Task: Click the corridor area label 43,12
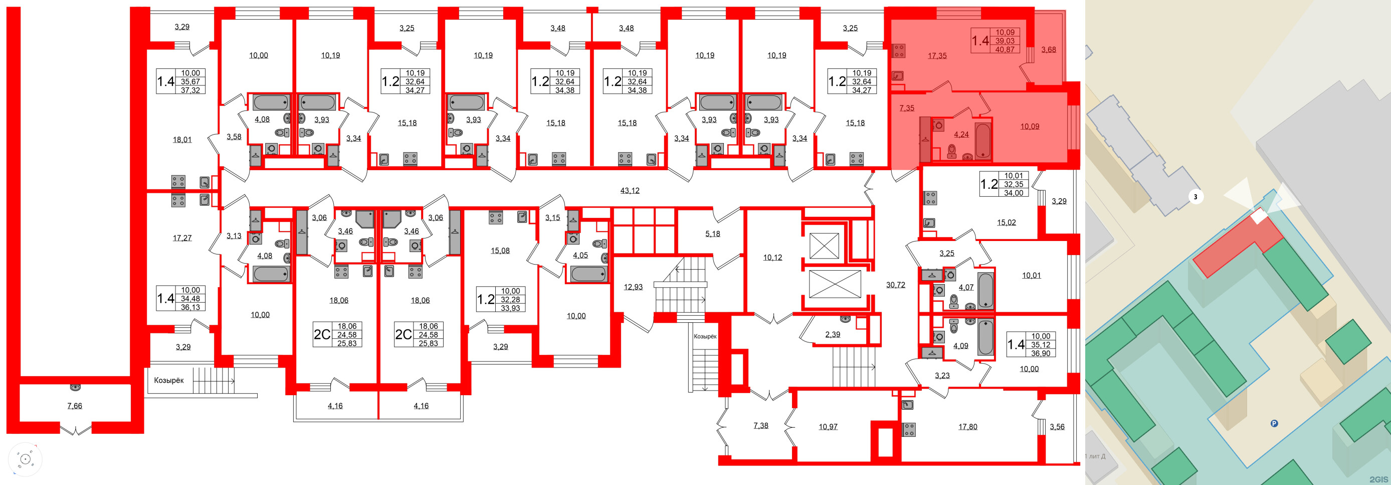630,190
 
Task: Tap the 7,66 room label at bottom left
75,406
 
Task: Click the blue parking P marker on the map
1274,423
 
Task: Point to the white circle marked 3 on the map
1195,197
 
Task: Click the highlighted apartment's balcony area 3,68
1048,50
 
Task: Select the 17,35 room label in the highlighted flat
937,56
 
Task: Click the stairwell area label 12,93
633,287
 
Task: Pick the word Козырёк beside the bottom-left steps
169,380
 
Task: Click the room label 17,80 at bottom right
967,427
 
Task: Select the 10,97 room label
828,427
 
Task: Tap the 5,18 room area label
712,233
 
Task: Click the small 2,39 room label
832,335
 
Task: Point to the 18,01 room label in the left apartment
182,140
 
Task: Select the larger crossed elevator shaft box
835,284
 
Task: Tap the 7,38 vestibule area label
760,426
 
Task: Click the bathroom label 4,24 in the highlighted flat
961,135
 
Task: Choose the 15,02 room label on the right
1006,222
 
